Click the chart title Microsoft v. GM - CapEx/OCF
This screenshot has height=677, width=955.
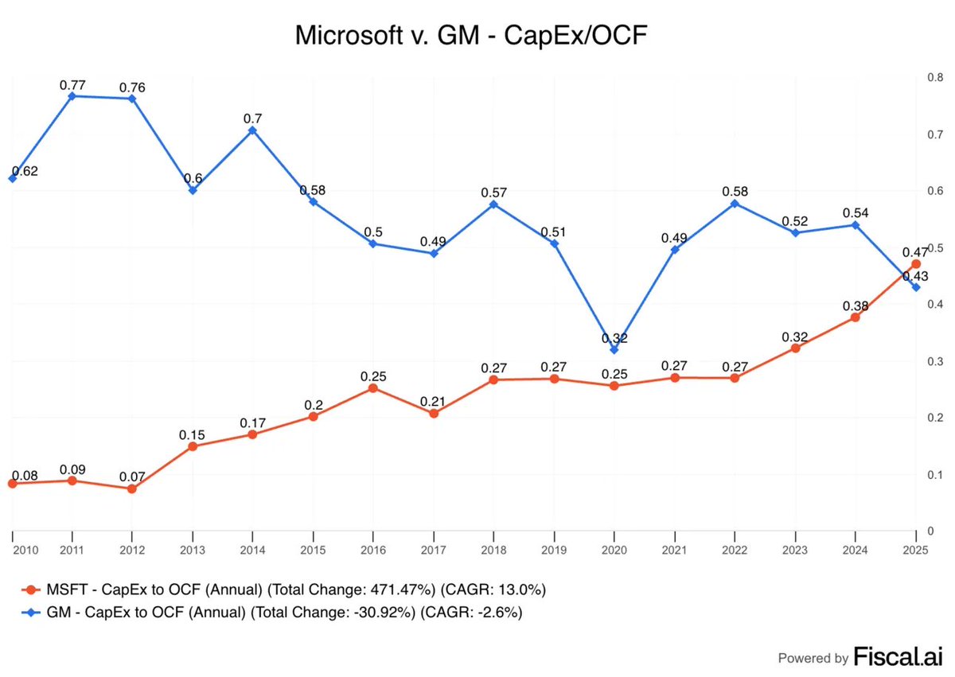477,36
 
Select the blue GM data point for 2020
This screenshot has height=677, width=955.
614,349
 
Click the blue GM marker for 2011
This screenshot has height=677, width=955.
72,95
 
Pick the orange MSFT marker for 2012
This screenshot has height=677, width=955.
132,488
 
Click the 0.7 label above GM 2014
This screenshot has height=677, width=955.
253,119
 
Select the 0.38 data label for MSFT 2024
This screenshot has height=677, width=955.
855,305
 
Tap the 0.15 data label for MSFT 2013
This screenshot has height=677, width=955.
193,434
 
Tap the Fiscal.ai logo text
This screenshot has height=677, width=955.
898,657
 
